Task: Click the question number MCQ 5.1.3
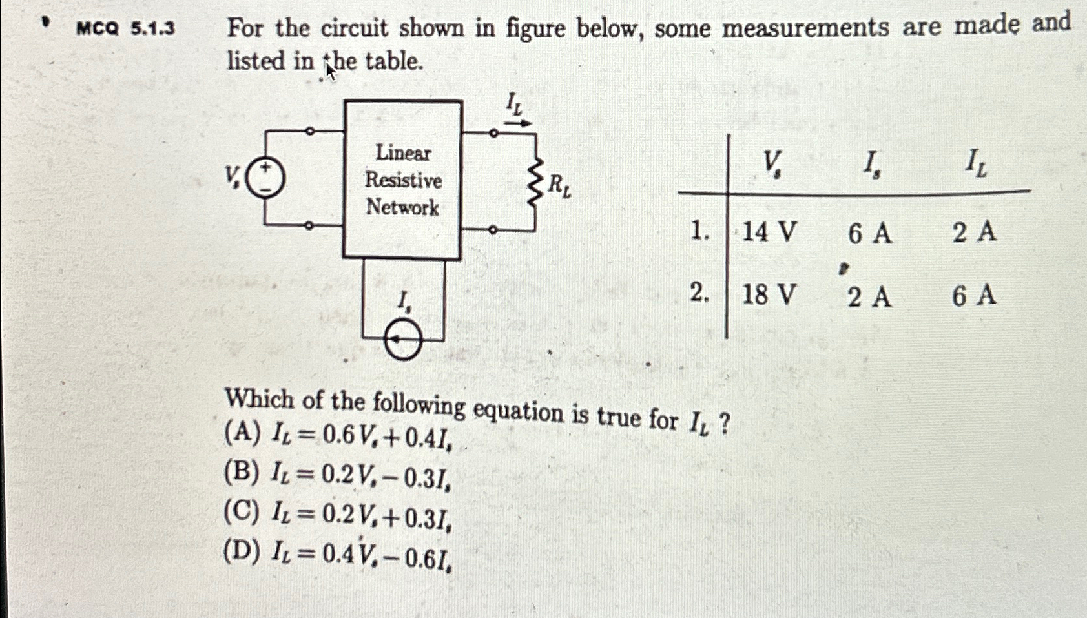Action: tap(125, 28)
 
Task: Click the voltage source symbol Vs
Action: tap(265, 177)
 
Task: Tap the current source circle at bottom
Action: tap(403, 340)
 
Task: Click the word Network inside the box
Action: tap(402, 207)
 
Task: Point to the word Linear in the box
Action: tap(403, 152)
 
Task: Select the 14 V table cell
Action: tap(769, 231)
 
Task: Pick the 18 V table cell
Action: tap(769, 295)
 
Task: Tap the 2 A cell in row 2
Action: tap(869, 297)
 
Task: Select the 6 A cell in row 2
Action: tap(974, 296)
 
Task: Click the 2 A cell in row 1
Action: tap(974, 231)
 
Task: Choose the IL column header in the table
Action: tap(975, 165)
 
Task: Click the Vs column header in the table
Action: tap(771, 164)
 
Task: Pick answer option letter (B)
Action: tap(242, 473)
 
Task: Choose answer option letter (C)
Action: tap(242, 512)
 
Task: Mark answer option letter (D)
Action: tap(242, 551)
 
